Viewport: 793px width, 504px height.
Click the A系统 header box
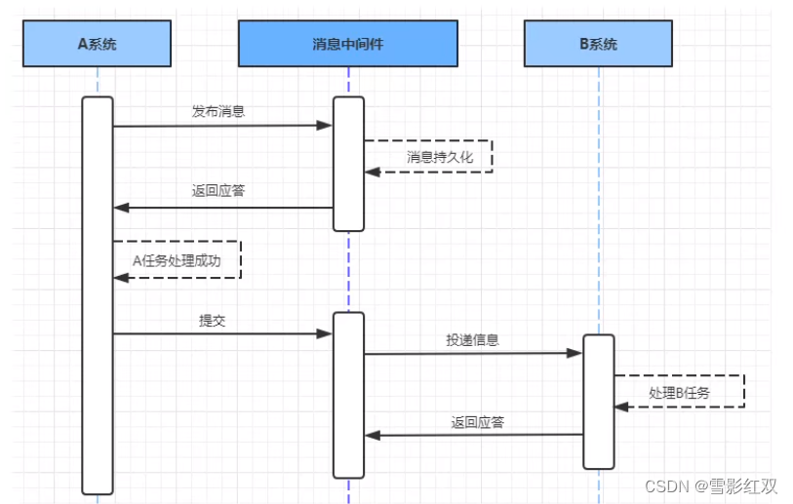point(98,44)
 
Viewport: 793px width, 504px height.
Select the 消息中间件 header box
point(348,44)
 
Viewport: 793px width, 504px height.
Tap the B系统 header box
point(598,44)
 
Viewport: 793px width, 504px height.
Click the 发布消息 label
point(218,111)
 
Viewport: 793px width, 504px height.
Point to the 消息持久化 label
point(440,157)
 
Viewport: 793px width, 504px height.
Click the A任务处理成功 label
point(177,261)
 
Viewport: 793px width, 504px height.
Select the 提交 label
point(212,321)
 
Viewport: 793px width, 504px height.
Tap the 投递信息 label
point(472,339)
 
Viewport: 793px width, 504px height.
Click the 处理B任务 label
point(679,393)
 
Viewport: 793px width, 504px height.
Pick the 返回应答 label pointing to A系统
point(218,190)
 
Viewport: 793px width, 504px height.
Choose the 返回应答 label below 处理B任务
point(477,422)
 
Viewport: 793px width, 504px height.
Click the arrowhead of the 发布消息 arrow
point(324,126)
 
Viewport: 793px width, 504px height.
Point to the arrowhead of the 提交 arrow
point(324,333)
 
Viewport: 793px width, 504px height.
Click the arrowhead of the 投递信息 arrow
point(574,353)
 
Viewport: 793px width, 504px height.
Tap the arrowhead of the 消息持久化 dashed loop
point(373,173)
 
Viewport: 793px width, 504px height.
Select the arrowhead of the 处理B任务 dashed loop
point(621,407)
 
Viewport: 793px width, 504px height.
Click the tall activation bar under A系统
point(98,295)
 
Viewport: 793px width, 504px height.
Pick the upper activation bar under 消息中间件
point(348,164)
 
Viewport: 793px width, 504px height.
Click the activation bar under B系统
point(599,402)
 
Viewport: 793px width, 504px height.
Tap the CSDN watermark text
point(710,485)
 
